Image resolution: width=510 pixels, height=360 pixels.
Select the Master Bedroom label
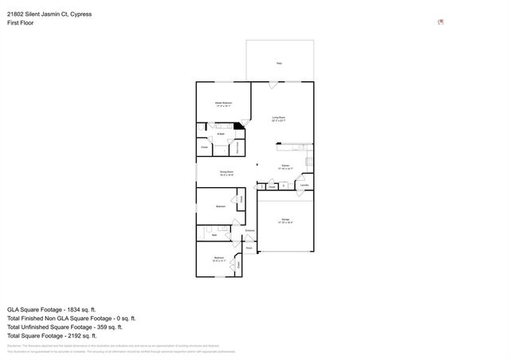[223, 104]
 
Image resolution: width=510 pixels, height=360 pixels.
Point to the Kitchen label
[285, 167]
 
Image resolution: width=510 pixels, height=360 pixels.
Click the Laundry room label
[304, 186]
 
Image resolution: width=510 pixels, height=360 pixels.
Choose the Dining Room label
[226, 172]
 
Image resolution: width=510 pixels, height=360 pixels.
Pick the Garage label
[285, 221]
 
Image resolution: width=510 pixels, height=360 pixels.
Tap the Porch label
[249, 248]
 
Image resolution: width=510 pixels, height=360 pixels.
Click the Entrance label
[249, 231]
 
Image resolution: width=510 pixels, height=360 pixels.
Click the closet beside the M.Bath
[204, 147]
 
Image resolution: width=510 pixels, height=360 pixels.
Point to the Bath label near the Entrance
[214, 235]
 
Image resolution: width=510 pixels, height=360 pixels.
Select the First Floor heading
[21, 23]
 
